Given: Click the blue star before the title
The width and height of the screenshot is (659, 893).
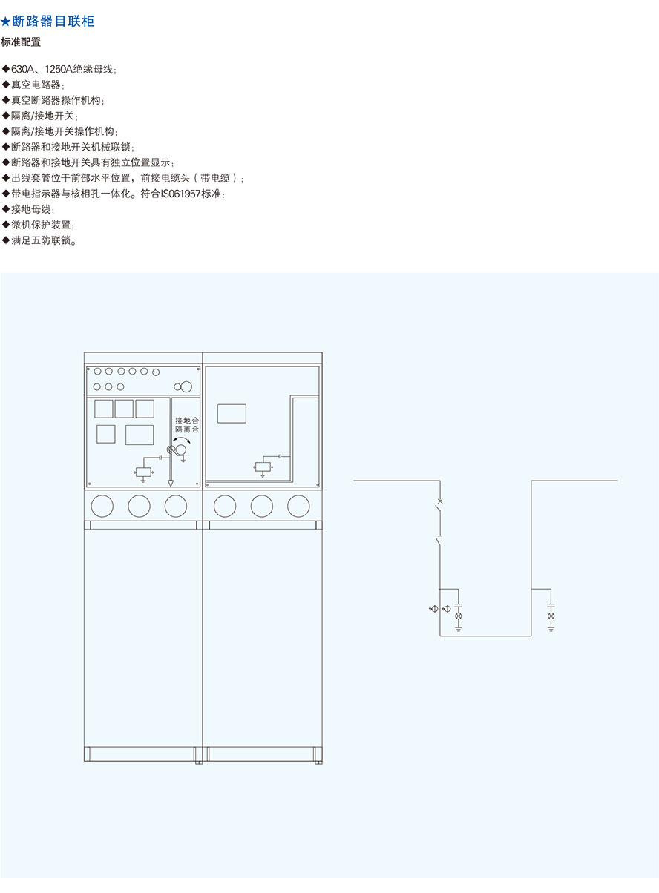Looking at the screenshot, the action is [x=6, y=22].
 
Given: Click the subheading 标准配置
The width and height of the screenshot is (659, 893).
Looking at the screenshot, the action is [x=21, y=42].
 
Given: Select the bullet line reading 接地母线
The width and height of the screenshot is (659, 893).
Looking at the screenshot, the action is [x=28, y=209].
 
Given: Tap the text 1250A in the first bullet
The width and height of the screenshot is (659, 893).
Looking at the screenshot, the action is [x=58, y=70].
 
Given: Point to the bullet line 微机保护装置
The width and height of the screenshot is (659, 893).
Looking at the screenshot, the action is [x=39, y=225].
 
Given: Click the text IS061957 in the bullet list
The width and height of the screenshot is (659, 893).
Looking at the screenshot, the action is [x=180, y=194].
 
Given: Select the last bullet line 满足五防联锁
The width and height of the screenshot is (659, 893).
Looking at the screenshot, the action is [x=39, y=240].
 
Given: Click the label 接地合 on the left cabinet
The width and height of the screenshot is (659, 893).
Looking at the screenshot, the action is [x=187, y=421].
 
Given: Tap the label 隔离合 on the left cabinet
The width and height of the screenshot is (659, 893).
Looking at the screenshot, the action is [x=187, y=429].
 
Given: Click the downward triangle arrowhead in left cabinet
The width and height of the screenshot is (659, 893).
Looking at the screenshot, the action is [x=171, y=483].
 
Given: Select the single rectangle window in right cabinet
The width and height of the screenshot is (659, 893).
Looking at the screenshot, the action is [x=232, y=413].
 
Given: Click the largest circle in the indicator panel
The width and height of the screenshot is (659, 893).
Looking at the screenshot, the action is [x=186, y=386].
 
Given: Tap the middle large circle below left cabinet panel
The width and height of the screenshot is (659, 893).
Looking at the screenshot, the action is [x=140, y=506].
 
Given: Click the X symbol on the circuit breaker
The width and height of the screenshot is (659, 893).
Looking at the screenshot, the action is [x=440, y=501].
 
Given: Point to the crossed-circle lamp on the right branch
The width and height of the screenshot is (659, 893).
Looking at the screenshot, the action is [x=551, y=616].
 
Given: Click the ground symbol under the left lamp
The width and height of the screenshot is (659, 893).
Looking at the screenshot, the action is [x=459, y=629].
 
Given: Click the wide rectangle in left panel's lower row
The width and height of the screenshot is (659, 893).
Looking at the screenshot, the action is [x=140, y=435].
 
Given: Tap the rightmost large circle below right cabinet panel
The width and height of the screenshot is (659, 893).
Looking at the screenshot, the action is [x=298, y=506].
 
